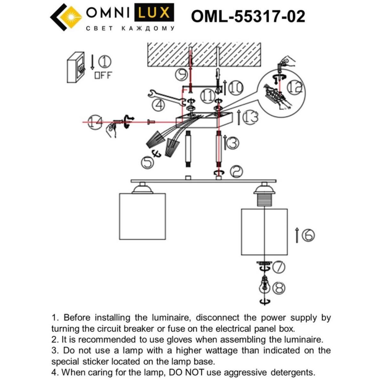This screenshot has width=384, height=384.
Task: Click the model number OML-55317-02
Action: [248, 16]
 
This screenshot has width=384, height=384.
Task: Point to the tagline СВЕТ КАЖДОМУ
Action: [131, 28]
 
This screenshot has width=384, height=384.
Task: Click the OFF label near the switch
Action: [103, 76]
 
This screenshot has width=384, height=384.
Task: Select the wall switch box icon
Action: [76, 68]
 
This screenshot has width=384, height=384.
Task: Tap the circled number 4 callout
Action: [158, 105]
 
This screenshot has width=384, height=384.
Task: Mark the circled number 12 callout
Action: [294, 87]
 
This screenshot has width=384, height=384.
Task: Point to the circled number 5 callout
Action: [148, 162]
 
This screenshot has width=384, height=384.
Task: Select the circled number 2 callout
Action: [236, 172]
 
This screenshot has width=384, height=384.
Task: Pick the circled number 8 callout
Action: [278, 288]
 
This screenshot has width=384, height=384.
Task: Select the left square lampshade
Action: [142, 216]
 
